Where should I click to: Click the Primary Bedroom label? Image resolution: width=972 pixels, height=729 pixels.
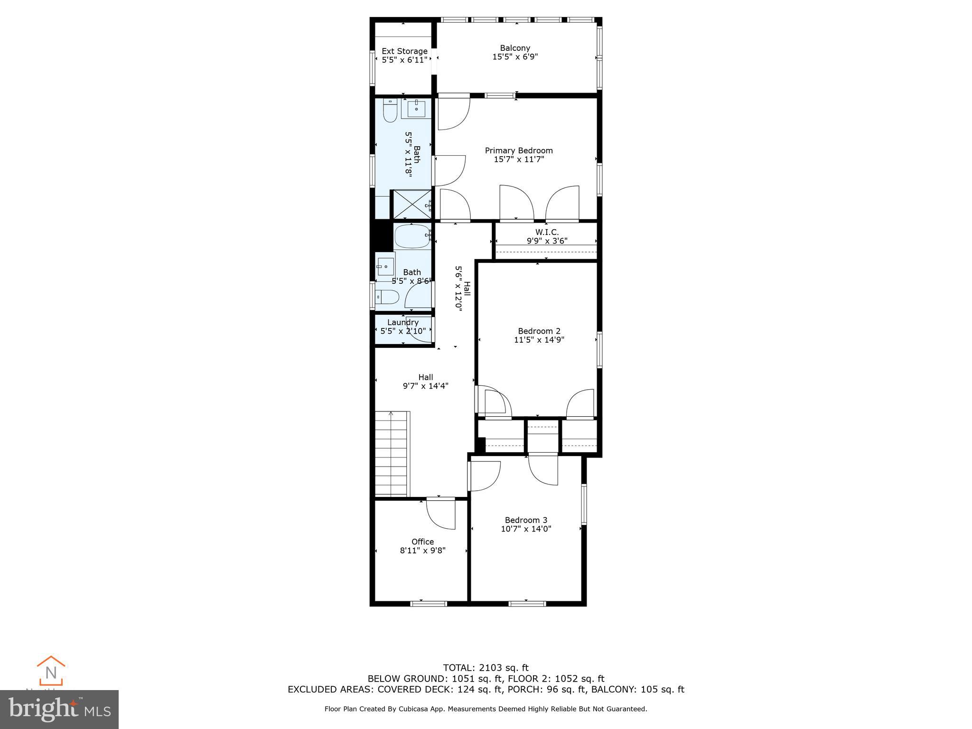[518, 150]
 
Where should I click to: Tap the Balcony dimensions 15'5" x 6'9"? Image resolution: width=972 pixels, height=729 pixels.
[515, 57]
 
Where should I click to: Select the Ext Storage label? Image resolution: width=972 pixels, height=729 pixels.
[404, 51]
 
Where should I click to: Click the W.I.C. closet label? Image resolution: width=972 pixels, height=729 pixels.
[547, 232]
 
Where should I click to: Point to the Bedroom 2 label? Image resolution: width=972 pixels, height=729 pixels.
[539, 331]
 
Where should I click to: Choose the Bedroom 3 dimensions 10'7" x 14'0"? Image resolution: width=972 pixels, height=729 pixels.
[526, 529]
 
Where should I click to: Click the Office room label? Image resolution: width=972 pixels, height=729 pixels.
[422, 542]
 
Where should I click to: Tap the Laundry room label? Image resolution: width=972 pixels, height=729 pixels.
[403, 323]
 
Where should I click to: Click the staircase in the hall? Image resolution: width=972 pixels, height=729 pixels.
[392, 453]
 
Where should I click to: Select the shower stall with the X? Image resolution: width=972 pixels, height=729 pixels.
[411, 204]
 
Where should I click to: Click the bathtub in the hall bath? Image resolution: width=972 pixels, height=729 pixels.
[412, 236]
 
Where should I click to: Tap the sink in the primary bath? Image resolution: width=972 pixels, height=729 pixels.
[416, 109]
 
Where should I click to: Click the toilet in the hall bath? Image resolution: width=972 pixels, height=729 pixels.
[387, 298]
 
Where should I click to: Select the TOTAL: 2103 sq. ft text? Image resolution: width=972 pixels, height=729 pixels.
[486, 668]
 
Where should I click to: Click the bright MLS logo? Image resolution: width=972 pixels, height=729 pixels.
[59, 709]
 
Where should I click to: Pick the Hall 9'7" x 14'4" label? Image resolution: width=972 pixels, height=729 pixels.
[425, 382]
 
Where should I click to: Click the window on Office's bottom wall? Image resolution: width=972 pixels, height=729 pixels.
[428, 604]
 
